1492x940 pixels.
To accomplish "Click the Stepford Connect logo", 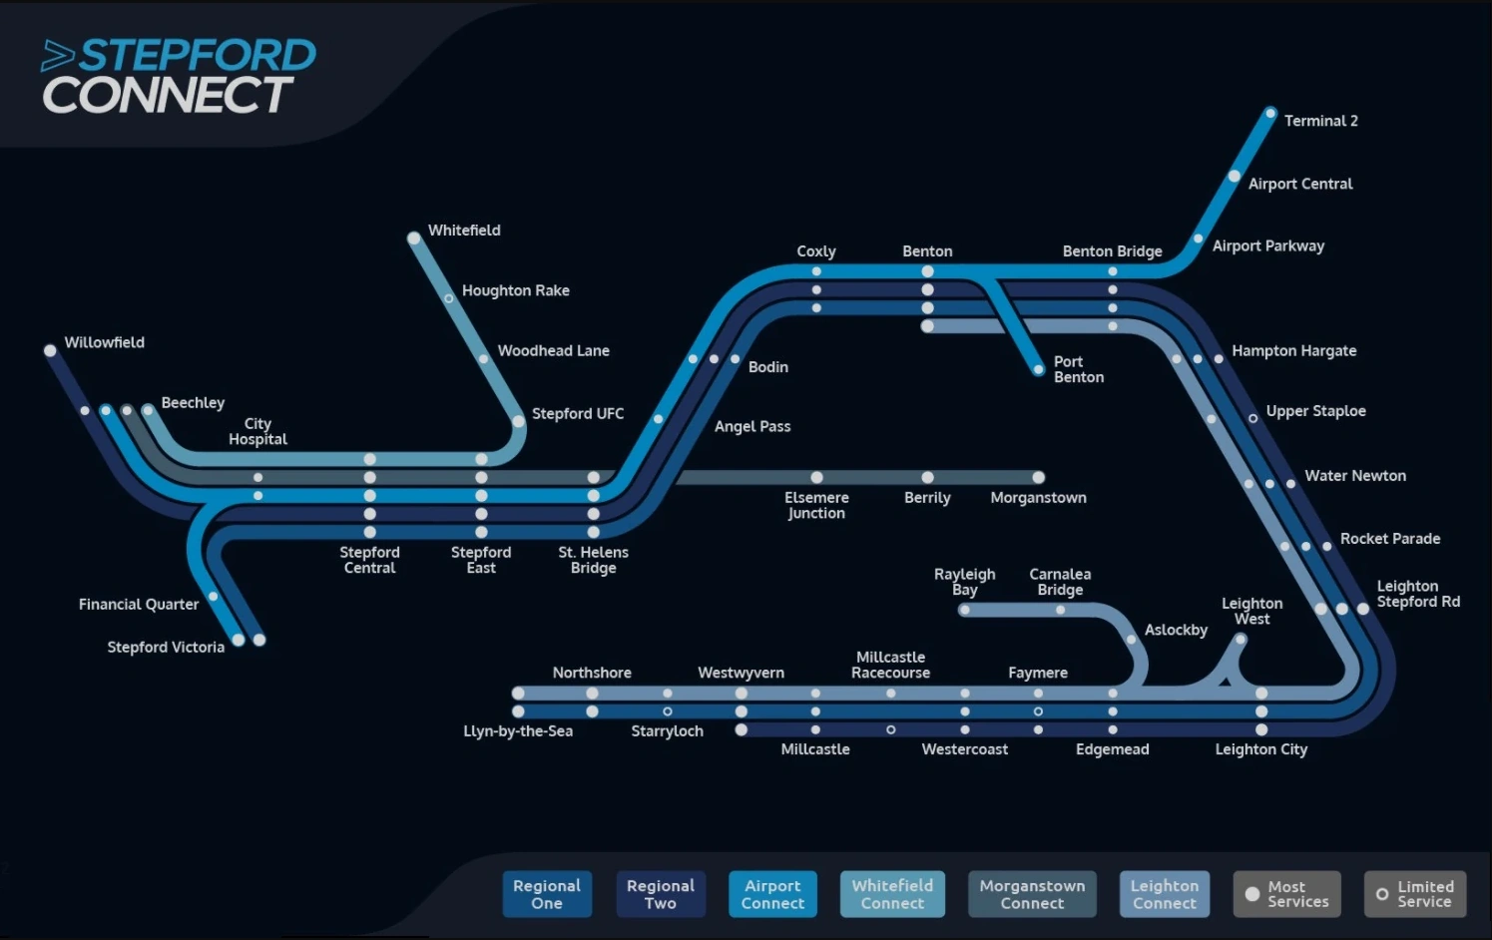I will pos(178,76).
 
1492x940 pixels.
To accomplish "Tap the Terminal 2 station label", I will pos(1320,121).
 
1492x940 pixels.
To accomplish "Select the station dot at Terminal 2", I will pos(1270,114).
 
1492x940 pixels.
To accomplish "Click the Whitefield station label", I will pos(464,231).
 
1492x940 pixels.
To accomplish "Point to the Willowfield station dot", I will pos(50,350).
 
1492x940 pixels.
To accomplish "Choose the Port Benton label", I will pos(1078,369).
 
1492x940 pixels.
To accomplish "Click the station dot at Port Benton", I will pos(1039,370).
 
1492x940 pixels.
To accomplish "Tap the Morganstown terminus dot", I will pos(1039,477).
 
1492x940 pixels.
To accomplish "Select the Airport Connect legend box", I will pos(772,894).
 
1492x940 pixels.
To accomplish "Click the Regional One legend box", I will pos(547,894).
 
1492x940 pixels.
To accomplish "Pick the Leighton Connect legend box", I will pos(1164,894).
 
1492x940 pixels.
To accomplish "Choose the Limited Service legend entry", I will pos(1414,894).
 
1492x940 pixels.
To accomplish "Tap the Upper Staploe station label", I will pos(1315,411).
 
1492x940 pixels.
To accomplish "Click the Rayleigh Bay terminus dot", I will pos(964,610).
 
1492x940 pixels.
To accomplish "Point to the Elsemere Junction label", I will pos(816,505).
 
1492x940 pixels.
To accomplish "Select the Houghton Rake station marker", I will pos(449,298).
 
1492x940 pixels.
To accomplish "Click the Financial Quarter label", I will pos(139,605).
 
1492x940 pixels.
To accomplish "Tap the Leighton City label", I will pos(1260,749).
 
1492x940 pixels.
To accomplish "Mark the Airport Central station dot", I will pos(1235,177).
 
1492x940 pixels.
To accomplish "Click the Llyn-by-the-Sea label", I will pos(518,731).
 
